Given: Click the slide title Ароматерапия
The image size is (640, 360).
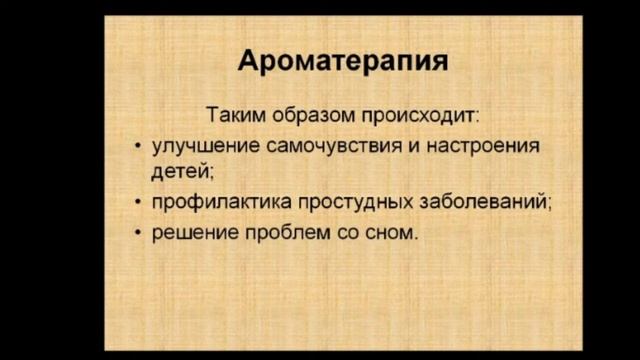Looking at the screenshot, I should (x=343, y=62).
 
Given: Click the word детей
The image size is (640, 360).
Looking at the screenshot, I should (x=177, y=171).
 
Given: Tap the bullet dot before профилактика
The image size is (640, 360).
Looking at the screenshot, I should (x=137, y=203).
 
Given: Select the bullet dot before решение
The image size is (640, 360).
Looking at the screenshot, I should (x=137, y=234).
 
